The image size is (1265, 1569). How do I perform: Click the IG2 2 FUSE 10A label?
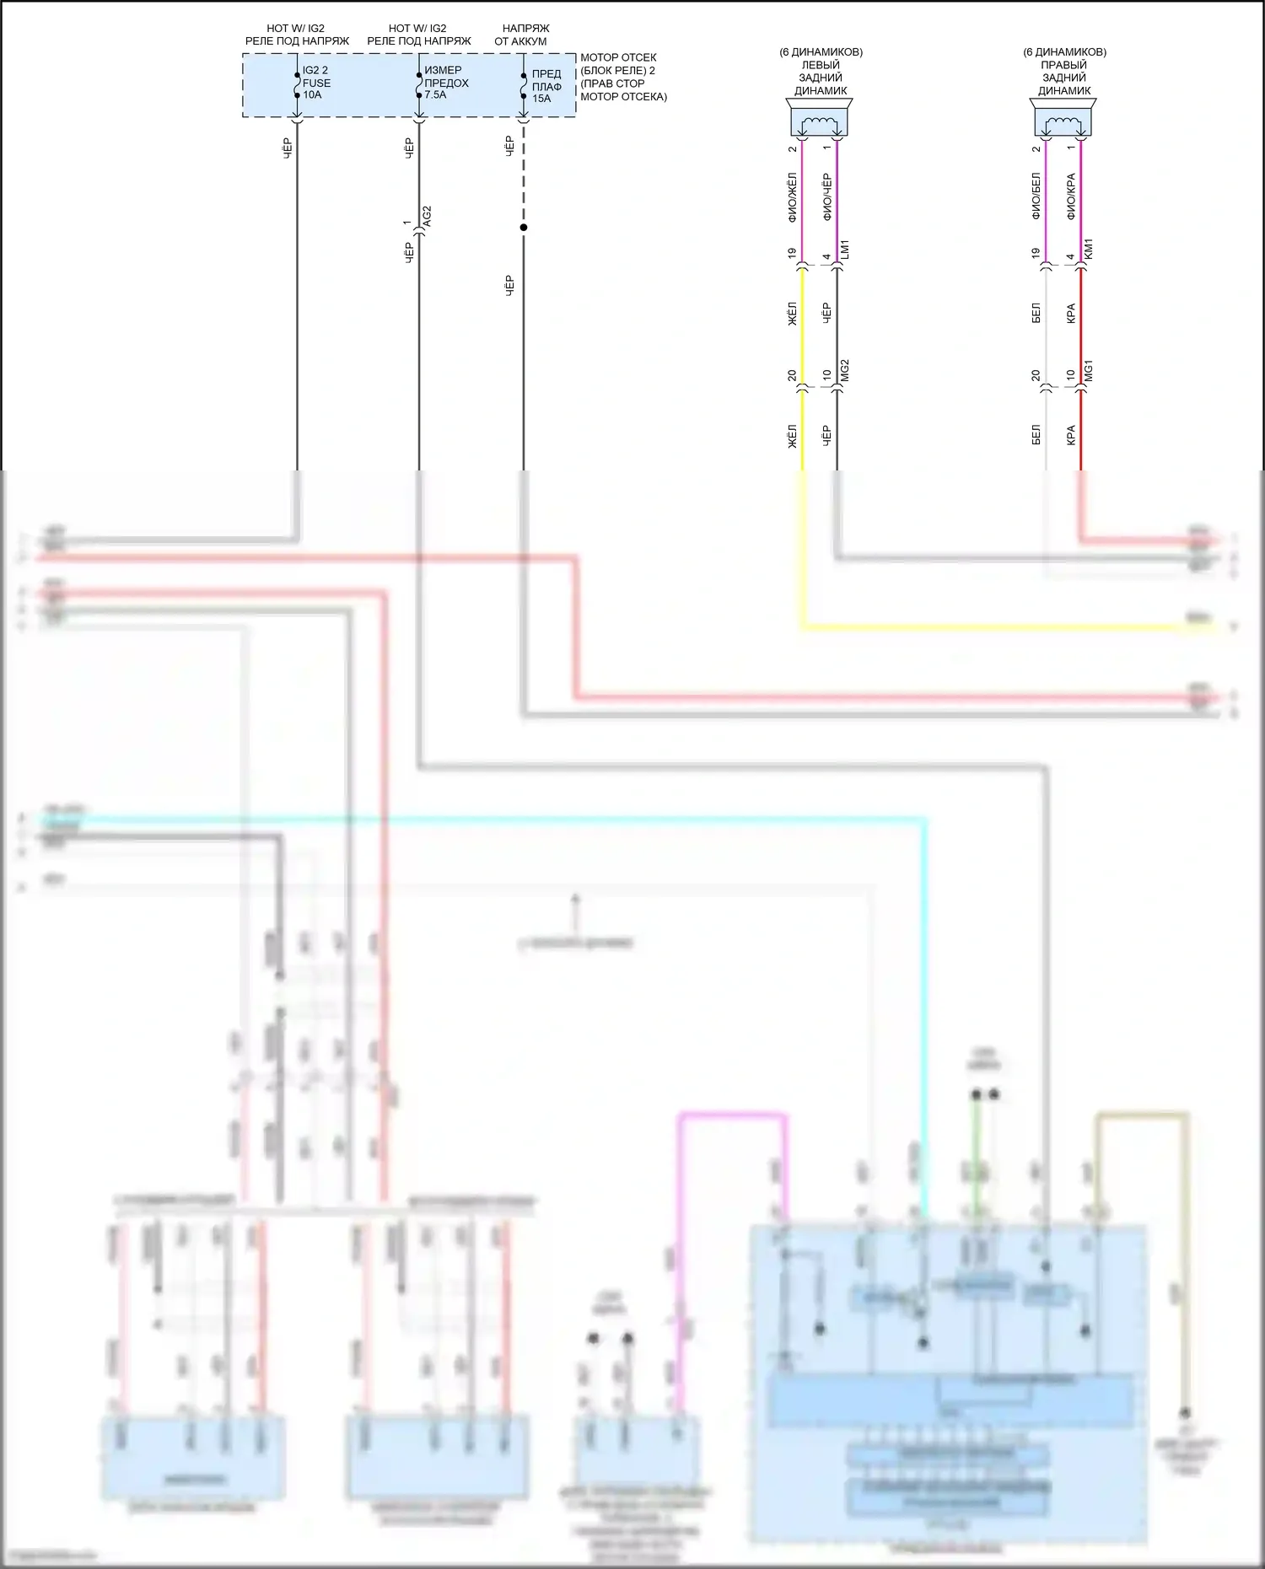click(x=316, y=83)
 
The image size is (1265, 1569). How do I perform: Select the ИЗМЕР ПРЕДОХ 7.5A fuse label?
click(x=446, y=83)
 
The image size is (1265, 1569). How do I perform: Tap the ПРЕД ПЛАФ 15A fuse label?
click(x=546, y=86)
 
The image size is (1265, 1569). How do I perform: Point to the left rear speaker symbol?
click(x=819, y=120)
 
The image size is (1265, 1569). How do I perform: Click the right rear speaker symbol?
click(x=1063, y=120)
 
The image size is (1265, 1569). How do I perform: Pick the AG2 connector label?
click(x=427, y=216)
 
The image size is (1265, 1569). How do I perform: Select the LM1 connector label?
click(x=845, y=250)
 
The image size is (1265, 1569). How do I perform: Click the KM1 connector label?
click(x=1089, y=249)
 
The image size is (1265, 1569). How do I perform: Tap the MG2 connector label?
click(x=845, y=371)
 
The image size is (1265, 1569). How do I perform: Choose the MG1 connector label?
click(x=1089, y=371)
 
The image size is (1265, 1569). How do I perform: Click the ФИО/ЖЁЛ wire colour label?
click(x=792, y=197)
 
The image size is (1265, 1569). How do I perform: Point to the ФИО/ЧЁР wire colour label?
click(x=826, y=197)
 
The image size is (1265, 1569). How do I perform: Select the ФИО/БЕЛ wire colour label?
click(x=1036, y=197)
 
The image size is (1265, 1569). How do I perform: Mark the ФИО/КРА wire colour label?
click(x=1071, y=197)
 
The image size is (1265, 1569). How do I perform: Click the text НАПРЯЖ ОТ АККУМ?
click(x=523, y=35)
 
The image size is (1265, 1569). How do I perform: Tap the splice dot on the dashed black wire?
click(x=524, y=228)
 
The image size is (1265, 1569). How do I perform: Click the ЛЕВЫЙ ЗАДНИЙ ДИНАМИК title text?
click(x=821, y=78)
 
